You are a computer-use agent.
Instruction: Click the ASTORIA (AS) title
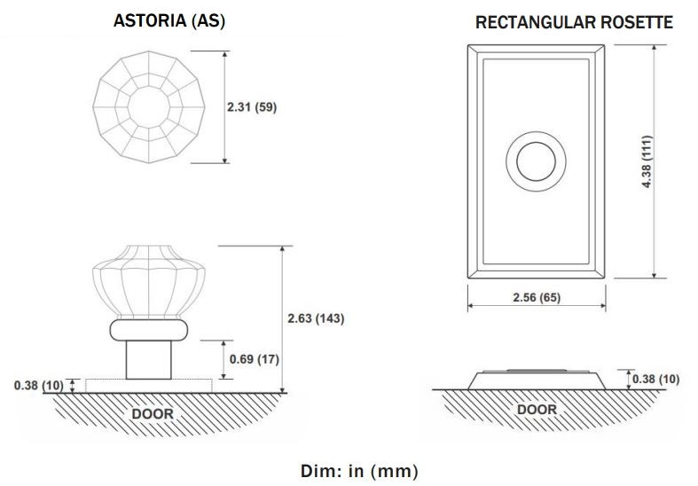pyautogui.click(x=169, y=21)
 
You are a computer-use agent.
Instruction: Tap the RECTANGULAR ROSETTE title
pyautogui.click(x=574, y=22)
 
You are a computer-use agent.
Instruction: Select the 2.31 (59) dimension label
pyautogui.click(x=252, y=107)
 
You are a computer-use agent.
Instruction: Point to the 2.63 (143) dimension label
pyautogui.click(x=316, y=318)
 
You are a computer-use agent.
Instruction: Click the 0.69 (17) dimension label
pyautogui.click(x=255, y=359)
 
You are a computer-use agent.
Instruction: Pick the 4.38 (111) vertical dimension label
pyautogui.click(x=647, y=161)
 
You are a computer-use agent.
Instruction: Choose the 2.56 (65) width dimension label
pyautogui.click(x=537, y=297)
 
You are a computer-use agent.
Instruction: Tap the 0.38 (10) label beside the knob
pyautogui.click(x=39, y=386)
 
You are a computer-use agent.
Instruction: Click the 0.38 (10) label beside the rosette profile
pyautogui.click(x=655, y=380)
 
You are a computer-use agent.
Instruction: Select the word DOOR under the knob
pyautogui.click(x=153, y=414)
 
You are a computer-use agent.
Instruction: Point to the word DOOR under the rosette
pyautogui.click(x=537, y=410)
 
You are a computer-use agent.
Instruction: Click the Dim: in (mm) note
pyautogui.click(x=359, y=471)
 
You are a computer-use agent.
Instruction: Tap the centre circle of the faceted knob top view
pyautogui.click(x=149, y=107)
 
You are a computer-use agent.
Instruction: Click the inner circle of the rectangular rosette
pyautogui.click(x=536, y=161)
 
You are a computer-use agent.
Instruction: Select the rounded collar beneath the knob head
pyautogui.click(x=149, y=330)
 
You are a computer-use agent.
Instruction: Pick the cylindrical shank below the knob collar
pyautogui.click(x=149, y=360)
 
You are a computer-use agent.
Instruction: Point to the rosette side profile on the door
pyautogui.click(x=537, y=380)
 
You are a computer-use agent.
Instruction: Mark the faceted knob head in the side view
pyautogui.click(x=149, y=282)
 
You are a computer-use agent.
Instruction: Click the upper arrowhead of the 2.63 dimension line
pyautogui.click(x=282, y=249)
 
